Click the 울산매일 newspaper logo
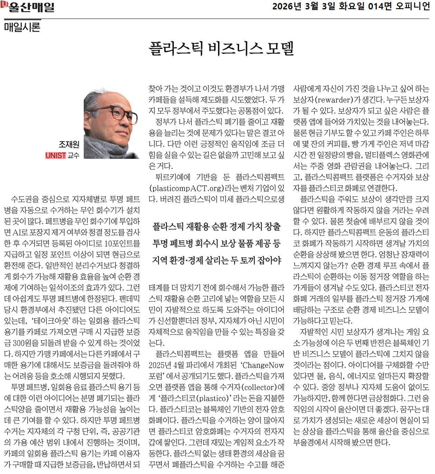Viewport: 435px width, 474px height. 28,7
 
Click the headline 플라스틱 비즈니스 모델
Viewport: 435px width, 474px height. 221,49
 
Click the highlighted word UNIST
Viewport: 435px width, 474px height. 56,155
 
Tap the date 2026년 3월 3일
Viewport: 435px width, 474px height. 304,7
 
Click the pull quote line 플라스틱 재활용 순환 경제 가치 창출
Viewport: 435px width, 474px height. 217,227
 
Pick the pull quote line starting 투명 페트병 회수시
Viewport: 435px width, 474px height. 217,244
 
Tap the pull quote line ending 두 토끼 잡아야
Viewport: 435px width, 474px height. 217,260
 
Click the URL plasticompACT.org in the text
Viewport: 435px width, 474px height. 185,188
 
